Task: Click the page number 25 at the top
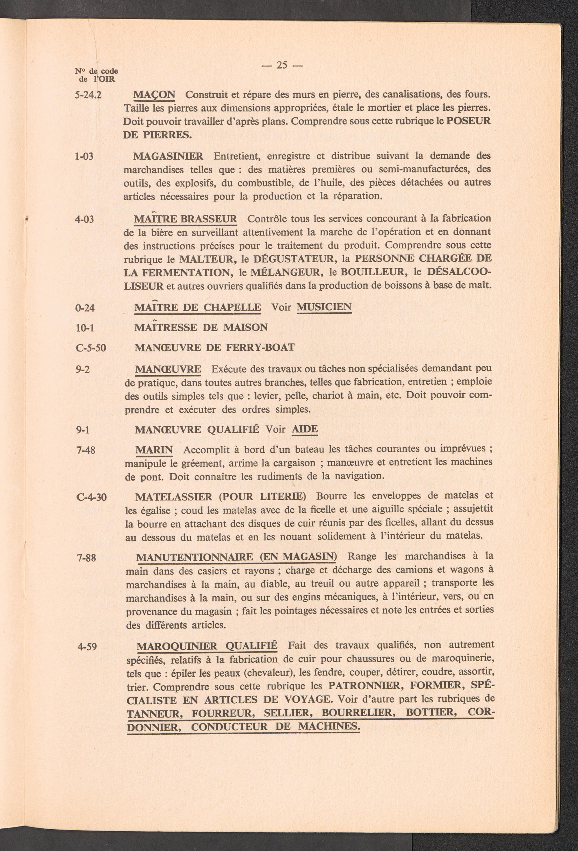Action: (x=281, y=65)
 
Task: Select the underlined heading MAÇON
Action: (x=154, y=95)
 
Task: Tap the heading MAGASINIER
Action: (x=168, y=157)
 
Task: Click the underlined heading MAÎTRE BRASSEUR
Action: (x=186, y=219)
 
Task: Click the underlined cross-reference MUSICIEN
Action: (x=324, y=307)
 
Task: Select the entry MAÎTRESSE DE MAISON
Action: (x=201, y=327)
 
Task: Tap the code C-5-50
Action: (x=90, y=348)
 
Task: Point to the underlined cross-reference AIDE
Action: (x=305, y=429)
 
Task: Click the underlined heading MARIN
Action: (x=154, y=450)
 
